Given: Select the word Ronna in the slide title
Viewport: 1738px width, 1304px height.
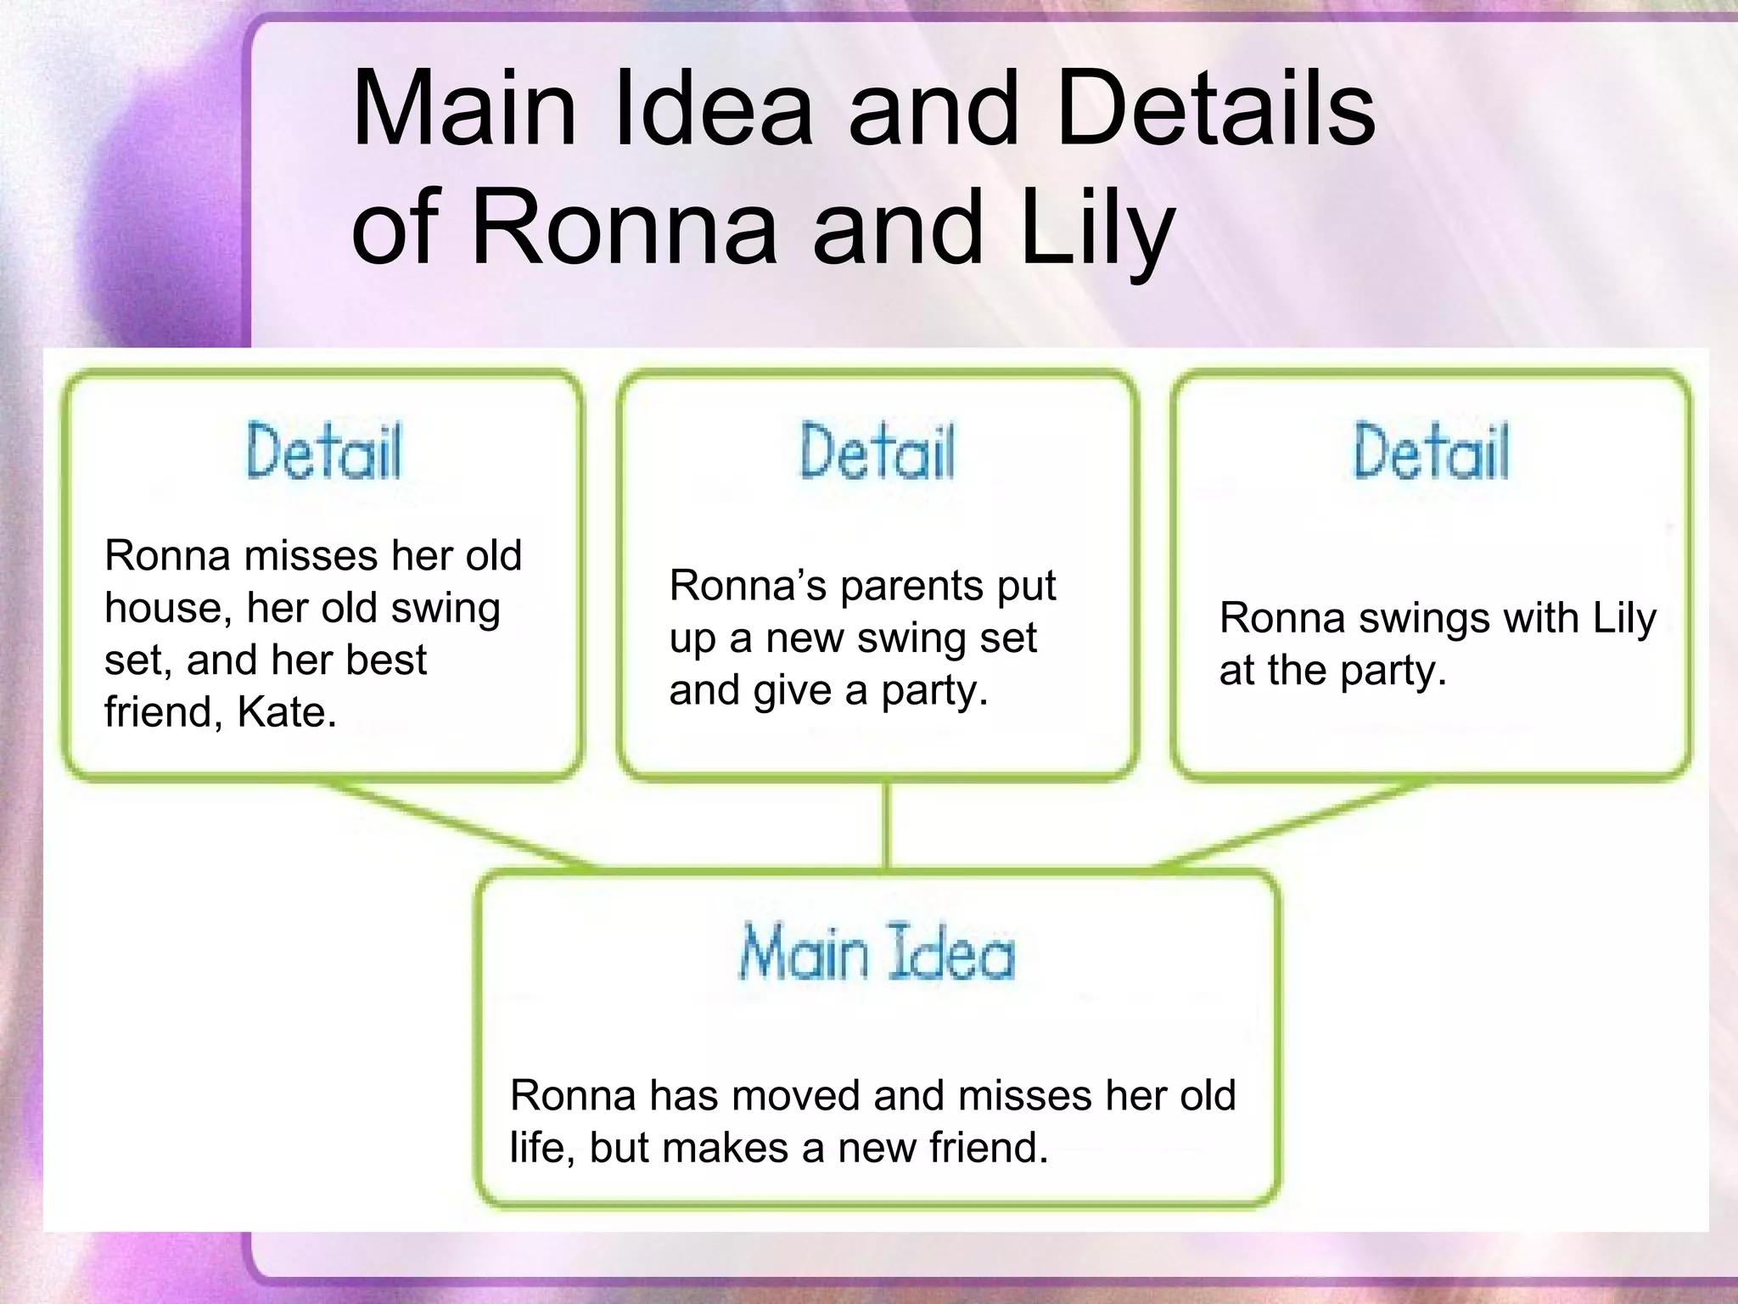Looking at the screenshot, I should (x=624, y=228).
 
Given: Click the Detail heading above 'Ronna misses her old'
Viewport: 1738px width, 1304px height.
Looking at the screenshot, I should (x=324, y=451).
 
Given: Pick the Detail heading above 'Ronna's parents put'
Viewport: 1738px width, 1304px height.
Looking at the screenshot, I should (x=877, y=451).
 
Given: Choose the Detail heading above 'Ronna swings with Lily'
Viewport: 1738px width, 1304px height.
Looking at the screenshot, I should (x=1431, y=451).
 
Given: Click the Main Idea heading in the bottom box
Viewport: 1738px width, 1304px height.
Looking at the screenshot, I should (x=877, y=953).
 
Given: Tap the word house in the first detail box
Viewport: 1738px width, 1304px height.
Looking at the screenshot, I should (x=162, y=608).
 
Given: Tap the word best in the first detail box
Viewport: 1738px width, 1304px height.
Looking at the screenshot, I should (x=385, y=660).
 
